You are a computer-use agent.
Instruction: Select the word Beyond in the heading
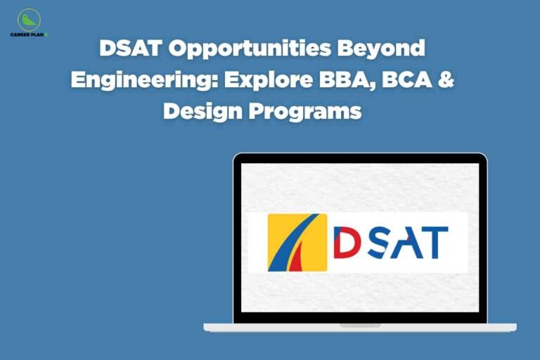click(387, 49)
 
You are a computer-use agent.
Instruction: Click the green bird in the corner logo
click(28, 19)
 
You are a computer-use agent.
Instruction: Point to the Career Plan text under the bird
click(29, 34)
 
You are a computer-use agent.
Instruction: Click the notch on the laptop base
click(360, 326)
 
